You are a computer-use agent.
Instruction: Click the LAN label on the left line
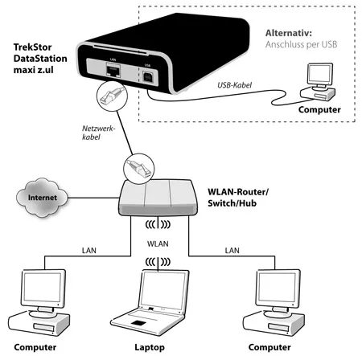point(90,252)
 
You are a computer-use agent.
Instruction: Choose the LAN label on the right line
point(233,252)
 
